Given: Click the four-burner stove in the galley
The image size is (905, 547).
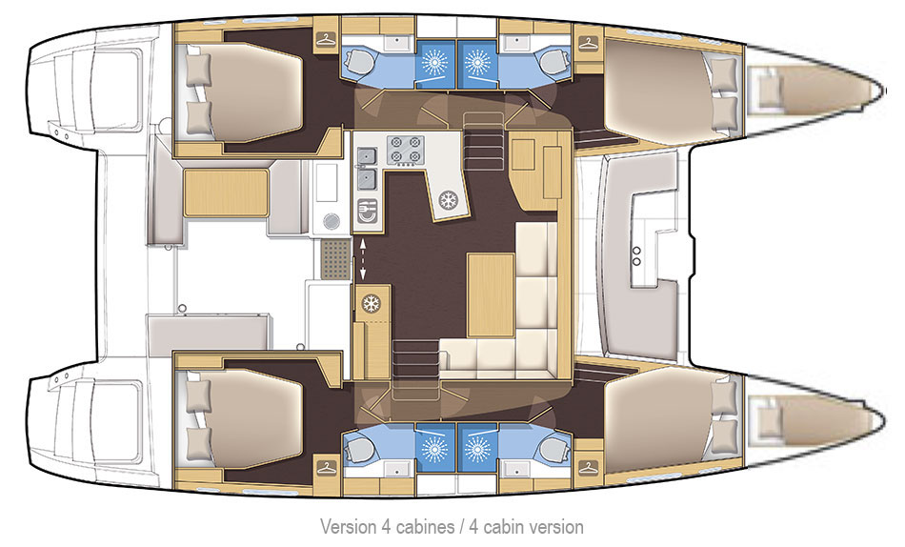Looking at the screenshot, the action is click(405, 149).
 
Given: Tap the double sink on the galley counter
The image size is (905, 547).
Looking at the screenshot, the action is click(367, 168).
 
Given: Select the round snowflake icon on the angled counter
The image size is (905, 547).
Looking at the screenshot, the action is click(449, 200).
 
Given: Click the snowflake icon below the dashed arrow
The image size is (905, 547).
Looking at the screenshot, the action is click(372, 303).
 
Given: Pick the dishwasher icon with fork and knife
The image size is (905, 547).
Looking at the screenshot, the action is click(367, 211).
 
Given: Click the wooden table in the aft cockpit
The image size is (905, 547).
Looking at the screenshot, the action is click(227, 192).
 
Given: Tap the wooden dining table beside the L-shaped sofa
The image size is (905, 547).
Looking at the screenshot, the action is click(491, 295).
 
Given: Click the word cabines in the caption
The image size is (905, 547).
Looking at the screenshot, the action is click(426, 527).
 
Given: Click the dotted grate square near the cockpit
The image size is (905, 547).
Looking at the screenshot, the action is click(334, 260).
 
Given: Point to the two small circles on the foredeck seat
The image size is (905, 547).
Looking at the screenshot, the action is click(636, 256).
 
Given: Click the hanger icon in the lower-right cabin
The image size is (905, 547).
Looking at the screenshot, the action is click(588, 467).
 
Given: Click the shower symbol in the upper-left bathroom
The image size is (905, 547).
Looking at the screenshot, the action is click(435, 61).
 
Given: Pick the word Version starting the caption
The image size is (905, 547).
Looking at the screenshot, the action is click(348, 527).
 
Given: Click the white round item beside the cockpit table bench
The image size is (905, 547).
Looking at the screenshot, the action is click(332, 221).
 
